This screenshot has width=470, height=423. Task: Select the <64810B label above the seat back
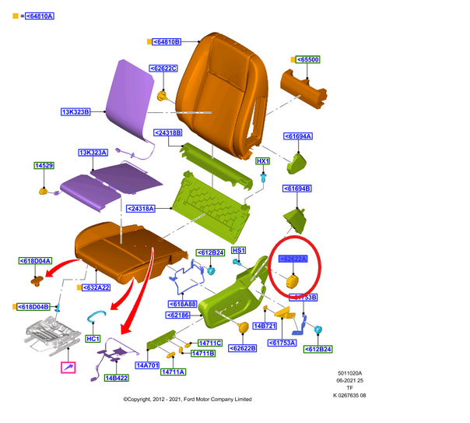click(166, 41)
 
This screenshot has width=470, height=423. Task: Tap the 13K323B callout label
click(76, 112)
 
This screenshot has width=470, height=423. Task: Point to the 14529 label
click(44, 165)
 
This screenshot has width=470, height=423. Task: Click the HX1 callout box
click(263, 160)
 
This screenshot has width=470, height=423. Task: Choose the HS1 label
click(239, 250)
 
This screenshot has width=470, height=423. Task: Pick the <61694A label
click(297, 136)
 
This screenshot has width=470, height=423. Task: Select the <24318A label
click(142, 209)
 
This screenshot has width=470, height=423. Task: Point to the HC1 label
click(92, 339)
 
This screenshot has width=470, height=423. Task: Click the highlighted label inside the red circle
click(293, 259)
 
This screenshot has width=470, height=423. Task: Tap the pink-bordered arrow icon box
click(68, 367)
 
